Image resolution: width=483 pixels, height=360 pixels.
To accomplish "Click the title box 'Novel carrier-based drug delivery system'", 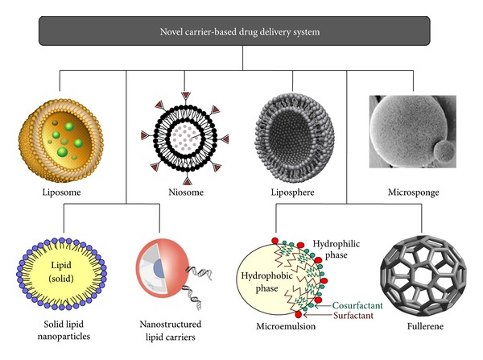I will pos(241,31).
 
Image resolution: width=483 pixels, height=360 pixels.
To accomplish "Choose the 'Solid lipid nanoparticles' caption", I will pos(63,329).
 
